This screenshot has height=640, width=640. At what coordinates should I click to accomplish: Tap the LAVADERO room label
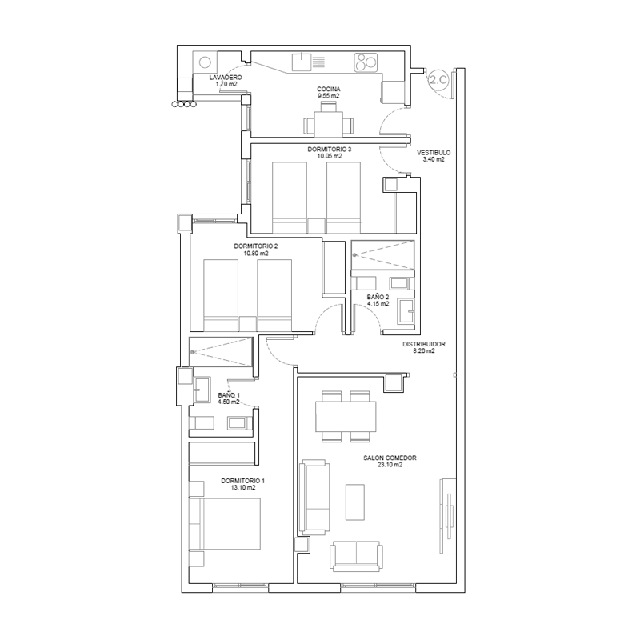click(226, 78)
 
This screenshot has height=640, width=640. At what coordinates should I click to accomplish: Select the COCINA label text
click(329, 90)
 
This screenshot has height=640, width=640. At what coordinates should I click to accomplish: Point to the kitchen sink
click(302, 62)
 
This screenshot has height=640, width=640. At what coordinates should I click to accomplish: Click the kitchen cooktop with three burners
click(366, 62)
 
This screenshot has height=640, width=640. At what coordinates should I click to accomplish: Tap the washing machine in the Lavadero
click(205, 62)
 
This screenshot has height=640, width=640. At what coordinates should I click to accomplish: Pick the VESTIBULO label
click(434, 153)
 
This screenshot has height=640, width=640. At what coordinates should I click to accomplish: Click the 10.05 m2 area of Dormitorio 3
click(330, 156)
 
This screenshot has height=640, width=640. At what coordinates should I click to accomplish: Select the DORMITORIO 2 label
click(255, 246)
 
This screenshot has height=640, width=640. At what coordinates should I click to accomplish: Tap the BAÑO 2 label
click(378, 297)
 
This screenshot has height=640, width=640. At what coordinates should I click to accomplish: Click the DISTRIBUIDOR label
click(424, 344)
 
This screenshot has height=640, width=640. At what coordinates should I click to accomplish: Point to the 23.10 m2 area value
click(390, 465)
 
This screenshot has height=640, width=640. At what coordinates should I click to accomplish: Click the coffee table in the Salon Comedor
click(354, 502)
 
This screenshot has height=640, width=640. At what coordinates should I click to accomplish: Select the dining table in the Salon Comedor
click(346, 416)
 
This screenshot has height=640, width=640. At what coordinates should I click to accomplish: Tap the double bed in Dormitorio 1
click(225, 523)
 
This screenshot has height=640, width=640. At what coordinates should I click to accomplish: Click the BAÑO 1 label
click(229, 395)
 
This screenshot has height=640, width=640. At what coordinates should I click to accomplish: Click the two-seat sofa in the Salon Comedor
click(356, 556)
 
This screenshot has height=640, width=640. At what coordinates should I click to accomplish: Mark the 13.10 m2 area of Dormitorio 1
click(243, 487)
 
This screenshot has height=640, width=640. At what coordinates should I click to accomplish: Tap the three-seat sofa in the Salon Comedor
click(314, 498)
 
